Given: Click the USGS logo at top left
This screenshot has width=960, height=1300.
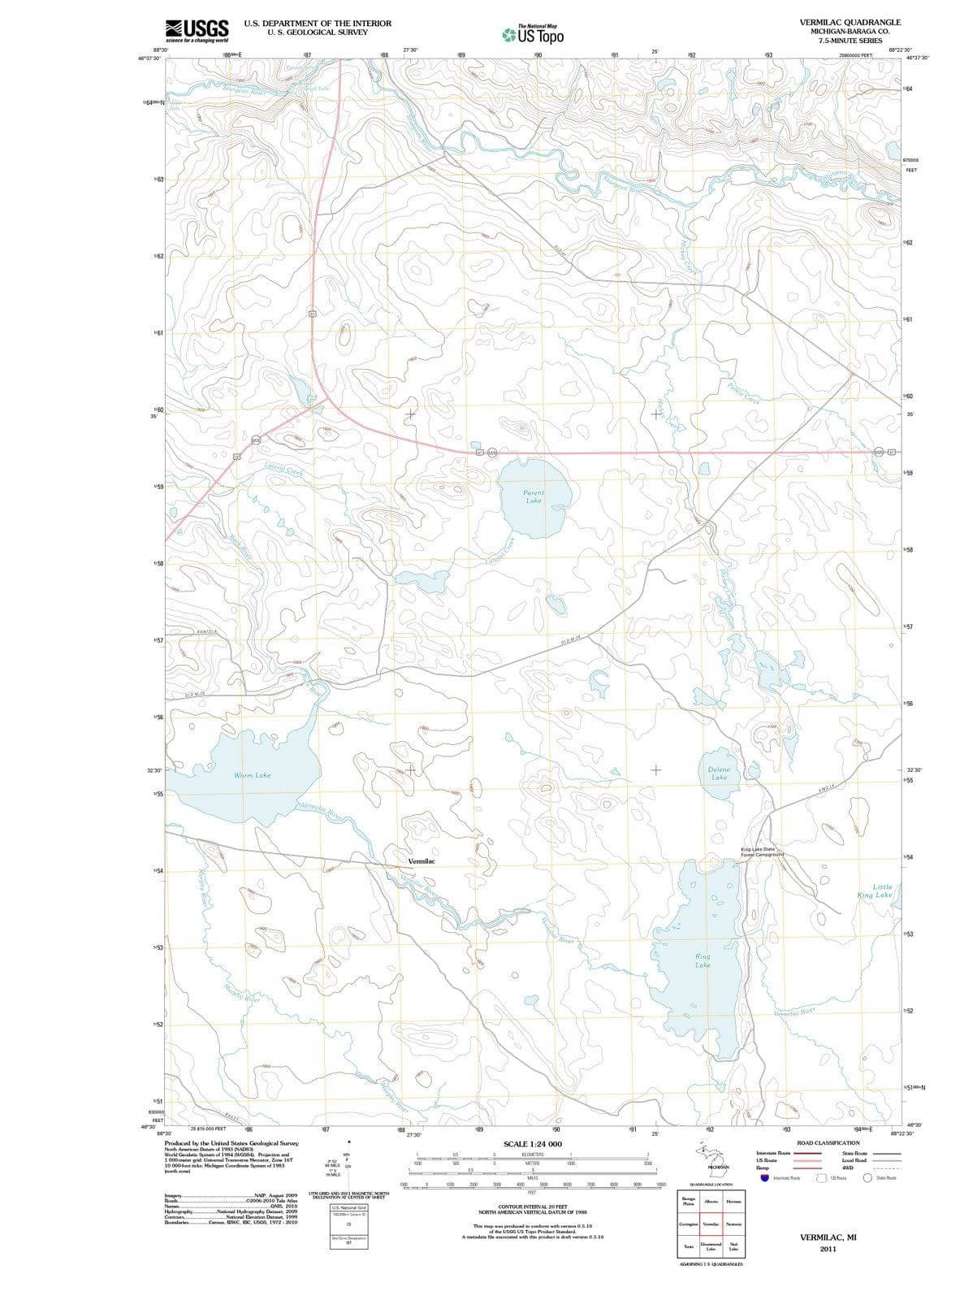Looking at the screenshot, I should [x=197, y=30].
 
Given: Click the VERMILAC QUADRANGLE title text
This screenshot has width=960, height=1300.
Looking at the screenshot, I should [x=850, y=22].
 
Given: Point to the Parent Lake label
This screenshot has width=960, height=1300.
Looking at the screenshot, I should [x=534, y=496].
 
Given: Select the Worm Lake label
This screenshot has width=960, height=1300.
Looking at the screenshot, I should [x=253, y=775].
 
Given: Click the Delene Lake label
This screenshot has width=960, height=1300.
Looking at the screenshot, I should [x=719, y=773].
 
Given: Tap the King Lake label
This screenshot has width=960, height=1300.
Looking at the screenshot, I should [x=703, y=960].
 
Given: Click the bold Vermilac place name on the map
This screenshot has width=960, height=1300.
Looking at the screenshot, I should [x=422, y=860].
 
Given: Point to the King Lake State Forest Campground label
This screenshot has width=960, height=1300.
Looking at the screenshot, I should [x=762, y=851].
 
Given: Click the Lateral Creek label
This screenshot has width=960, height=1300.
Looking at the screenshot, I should [x=284, y=470].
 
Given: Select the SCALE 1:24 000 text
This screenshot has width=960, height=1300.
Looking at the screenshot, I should [x=533, y=1144].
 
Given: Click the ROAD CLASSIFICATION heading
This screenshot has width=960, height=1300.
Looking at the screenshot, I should [x=828, y=1142].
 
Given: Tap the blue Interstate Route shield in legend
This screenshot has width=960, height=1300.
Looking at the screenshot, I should [x=764, y=1178].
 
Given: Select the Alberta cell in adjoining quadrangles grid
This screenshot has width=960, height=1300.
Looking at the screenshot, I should [x=711, y=1201].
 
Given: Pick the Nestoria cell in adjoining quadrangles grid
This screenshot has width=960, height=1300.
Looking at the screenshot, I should [x=733, y=1224].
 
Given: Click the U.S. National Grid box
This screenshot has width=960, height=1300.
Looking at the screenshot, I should [x=348, y=1209].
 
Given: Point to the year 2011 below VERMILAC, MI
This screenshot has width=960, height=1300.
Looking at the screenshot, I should [x=828, y=1249].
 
